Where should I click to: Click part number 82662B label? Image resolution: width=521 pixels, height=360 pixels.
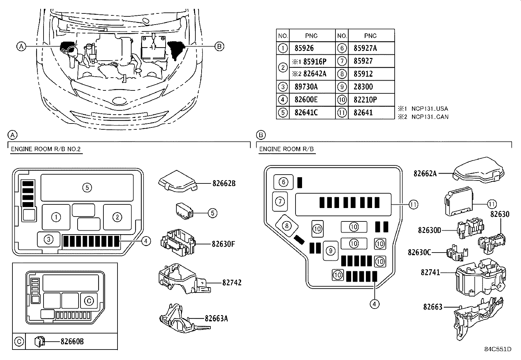click(224, 184)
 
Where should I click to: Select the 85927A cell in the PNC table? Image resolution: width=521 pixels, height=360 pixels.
click(365, 48)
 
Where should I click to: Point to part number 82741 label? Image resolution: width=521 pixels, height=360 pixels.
click(430, 273)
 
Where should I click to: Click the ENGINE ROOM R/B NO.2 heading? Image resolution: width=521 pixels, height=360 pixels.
click(46, 149)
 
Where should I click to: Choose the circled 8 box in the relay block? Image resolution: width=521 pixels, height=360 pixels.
click(286, 226)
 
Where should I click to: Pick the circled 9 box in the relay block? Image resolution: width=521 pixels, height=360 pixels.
click(331, 251)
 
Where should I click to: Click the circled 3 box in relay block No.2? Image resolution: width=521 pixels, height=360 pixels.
click(48, 239)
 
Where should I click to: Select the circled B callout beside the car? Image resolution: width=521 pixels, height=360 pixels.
click(219, 47)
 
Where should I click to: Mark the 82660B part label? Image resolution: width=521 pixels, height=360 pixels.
click(72, 342)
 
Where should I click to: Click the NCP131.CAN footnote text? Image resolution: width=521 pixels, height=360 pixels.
click(430, 117)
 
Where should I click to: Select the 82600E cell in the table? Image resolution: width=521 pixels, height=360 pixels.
click(306, 100)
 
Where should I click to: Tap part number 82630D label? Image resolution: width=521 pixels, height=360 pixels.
click(429, 230)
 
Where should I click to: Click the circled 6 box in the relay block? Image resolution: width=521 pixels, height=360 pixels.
click(283, 182)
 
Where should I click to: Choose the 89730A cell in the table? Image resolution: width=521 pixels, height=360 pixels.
click(306, 87)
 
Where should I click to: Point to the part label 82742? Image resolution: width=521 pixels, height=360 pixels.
click(232, 282)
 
